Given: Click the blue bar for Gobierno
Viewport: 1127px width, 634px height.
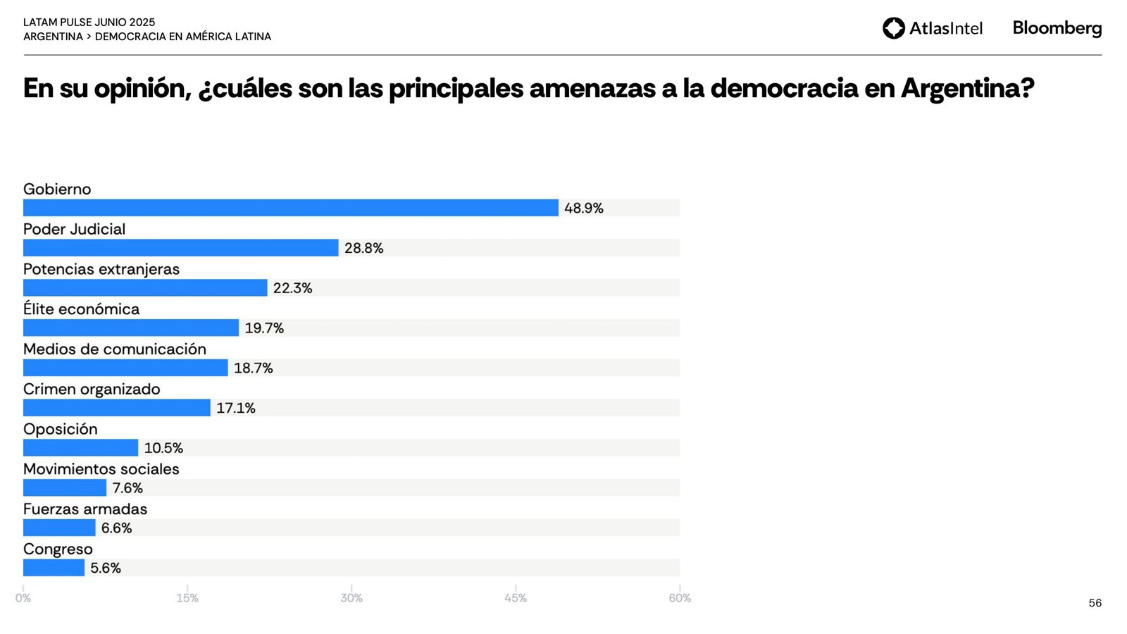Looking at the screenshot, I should coord(290,208).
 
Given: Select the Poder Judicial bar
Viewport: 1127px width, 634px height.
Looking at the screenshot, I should coord(180,248).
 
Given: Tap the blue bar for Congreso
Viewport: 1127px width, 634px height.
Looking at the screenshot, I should coord(54,568).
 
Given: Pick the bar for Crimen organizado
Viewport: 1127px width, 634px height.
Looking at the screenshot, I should coord(116,408).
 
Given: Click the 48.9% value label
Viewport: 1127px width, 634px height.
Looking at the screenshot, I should coord(583,209).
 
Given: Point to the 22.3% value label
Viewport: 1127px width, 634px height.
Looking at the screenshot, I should coord(292,288).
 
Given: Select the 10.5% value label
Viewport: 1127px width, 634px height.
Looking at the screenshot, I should coord(163,448).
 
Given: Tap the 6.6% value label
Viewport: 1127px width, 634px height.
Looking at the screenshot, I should coord(116,528).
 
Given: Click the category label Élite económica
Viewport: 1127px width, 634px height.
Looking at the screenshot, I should coord(81,309).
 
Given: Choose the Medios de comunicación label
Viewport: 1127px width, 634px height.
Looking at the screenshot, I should coord(115,349).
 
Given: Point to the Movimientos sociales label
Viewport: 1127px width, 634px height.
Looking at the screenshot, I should coord(101,469).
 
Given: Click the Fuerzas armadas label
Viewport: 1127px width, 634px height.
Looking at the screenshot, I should coord(85,509).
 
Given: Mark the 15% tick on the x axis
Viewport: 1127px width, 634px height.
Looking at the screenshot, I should coord(187,598).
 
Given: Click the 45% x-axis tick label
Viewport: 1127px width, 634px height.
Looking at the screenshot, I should coord(516,598).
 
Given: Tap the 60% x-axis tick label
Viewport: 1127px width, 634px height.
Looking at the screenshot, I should coord(680,598).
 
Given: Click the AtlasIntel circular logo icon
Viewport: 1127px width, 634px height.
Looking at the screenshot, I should coord(893,28).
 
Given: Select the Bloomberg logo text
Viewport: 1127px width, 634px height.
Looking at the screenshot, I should coord(1057,28).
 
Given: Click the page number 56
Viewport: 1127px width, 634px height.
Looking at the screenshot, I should coord(1095,603).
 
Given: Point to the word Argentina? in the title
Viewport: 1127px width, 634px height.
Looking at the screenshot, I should coord(967,89).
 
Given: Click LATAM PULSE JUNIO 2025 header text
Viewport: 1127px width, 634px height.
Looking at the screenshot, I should coord(89,23).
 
